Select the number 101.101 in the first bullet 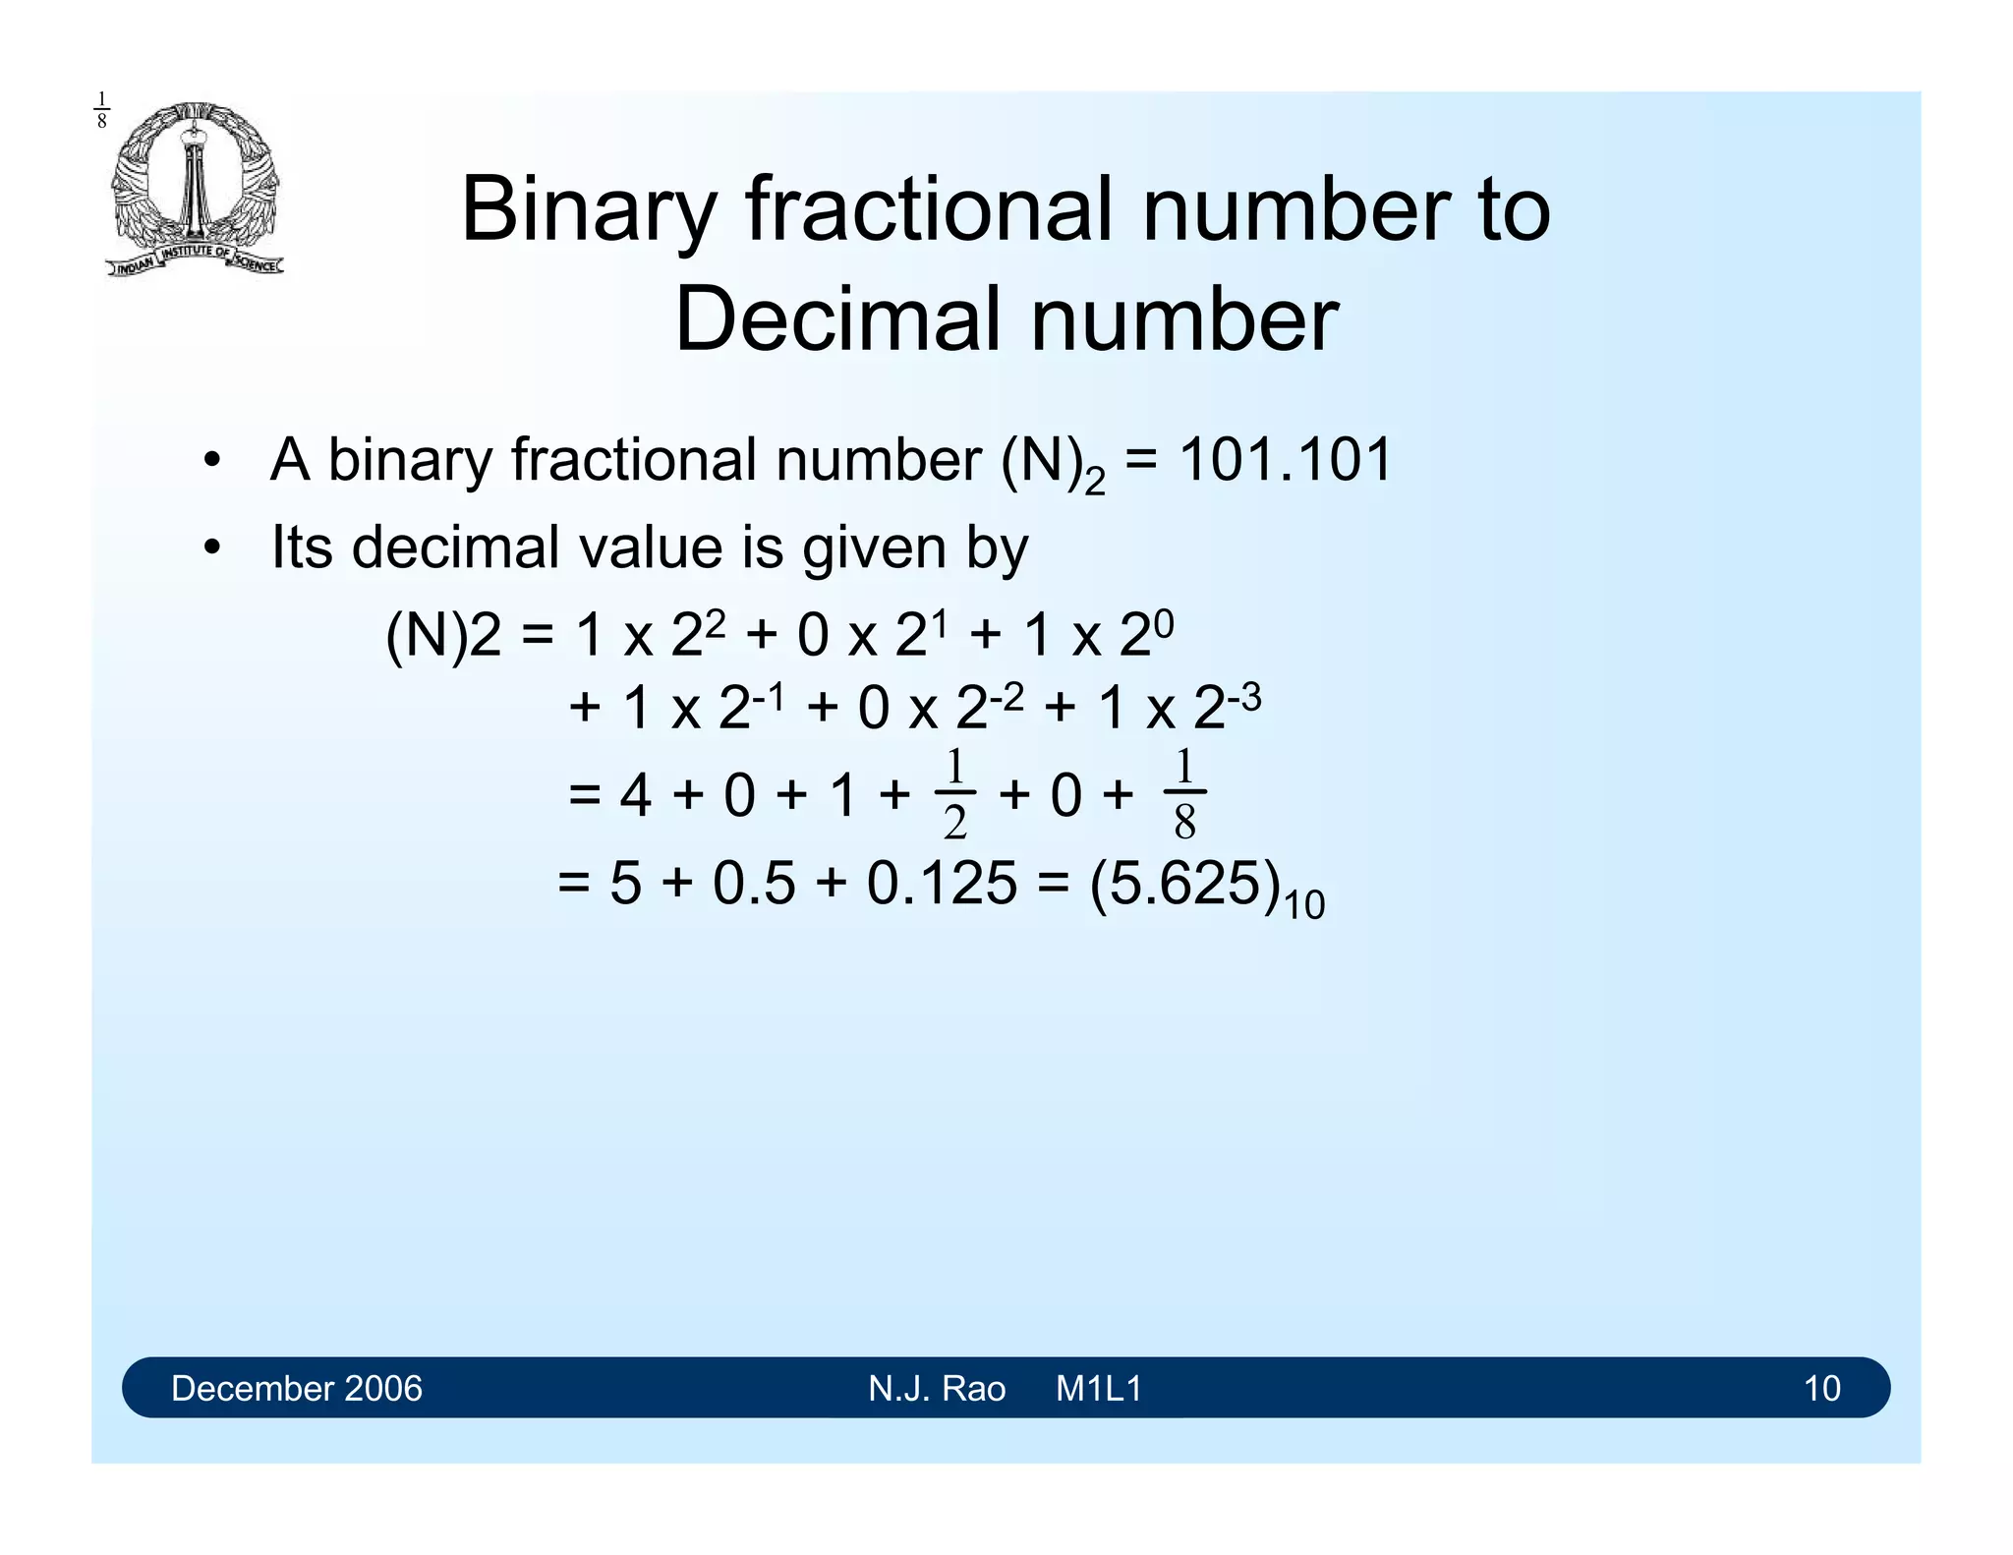tap(1285, 460)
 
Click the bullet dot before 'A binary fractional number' tap(211, 461)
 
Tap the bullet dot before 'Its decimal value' tap(211, 548)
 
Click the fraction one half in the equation tap(954, 794)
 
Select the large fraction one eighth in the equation tap(1184, 794)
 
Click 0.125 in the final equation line tap(941, 883)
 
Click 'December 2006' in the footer tap(296, 1389)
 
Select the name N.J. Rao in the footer tap(937, 1389)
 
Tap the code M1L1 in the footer tap(1099, 1389)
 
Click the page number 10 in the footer tap(1821, 1389)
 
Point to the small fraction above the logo tap(101, 110)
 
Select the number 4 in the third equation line tap(635, 795)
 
